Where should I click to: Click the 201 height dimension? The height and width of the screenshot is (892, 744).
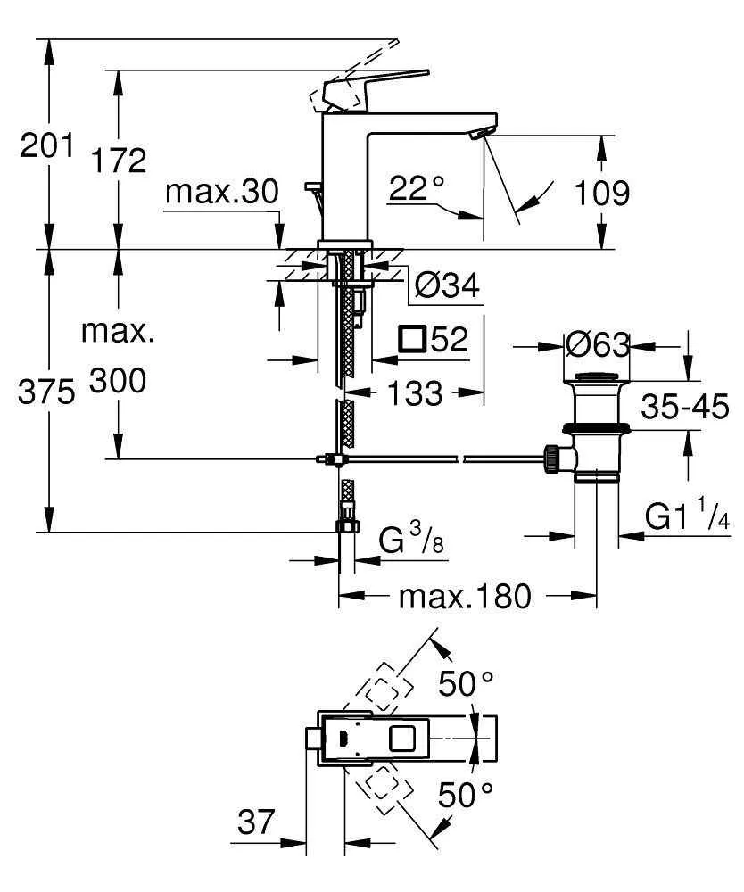[46, 145]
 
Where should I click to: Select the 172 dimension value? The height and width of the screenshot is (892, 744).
[120, 161]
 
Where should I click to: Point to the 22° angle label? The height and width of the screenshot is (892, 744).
[417, 187]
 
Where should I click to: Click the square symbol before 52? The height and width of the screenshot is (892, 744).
[412, 339]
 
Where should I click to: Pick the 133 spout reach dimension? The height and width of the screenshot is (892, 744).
[415, 392]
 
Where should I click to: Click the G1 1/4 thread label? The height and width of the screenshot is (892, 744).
[688, 517]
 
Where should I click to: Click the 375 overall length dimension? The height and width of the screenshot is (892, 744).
[46, 393]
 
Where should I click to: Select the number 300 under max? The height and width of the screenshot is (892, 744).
[118, 382]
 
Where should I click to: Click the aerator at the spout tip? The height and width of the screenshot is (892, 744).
[480, 134]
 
